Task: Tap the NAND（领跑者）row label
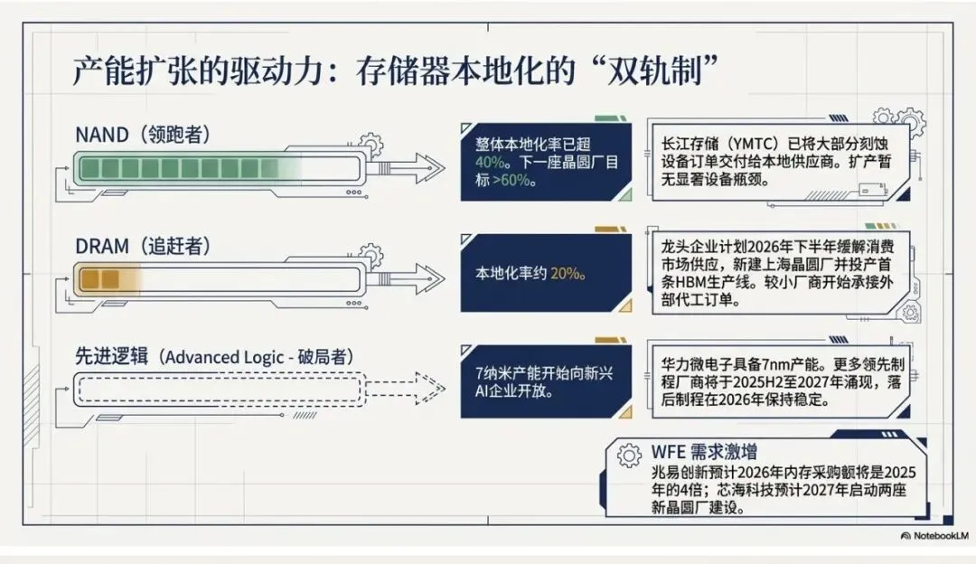[144, 136]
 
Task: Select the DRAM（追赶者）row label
[145, 246]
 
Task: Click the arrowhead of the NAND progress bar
[426, 167]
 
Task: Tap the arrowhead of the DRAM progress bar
[426, 278]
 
